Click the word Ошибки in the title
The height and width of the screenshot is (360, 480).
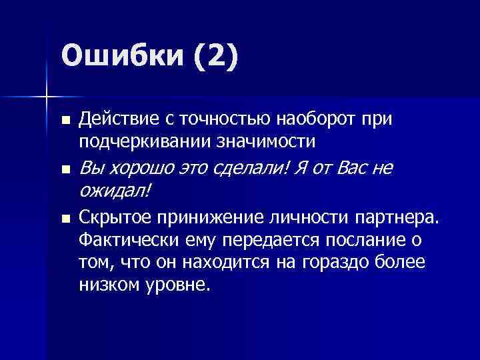120,56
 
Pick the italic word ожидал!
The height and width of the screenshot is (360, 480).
115,192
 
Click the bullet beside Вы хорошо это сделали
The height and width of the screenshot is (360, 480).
65,171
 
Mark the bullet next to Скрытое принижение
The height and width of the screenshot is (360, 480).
65,219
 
